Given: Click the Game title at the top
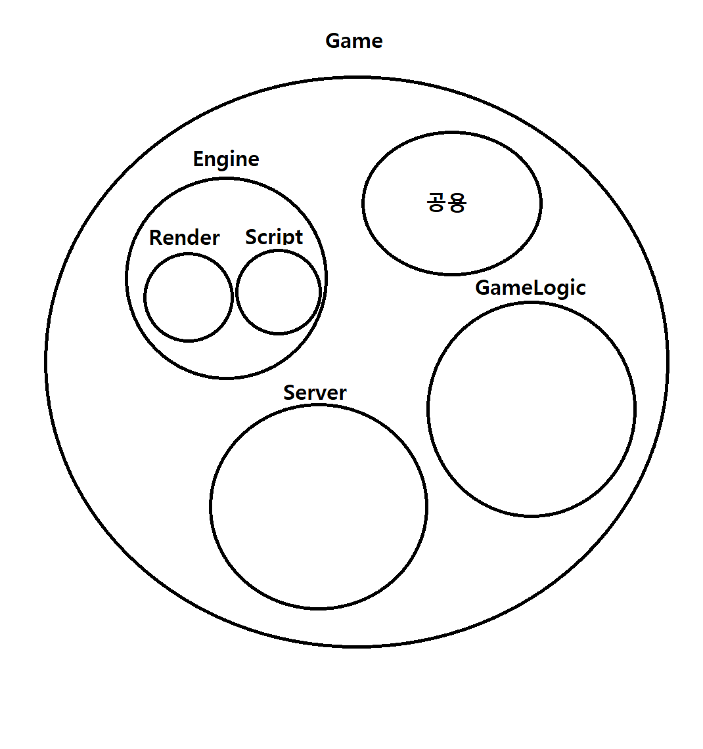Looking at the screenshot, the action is [x=353, y=41].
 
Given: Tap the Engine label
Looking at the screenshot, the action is [x=226, y=160].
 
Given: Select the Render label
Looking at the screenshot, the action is [x=185, y=238].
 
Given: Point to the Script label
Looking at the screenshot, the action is [x=274, y=237].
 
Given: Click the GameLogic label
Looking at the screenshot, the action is [x=530, y=288].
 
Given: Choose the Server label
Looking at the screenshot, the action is [x=315, y=393].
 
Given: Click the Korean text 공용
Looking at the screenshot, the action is [x=447, y=202].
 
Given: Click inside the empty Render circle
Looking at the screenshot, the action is [x=189, y=297].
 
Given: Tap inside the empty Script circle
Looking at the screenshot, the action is [x=279, y=292].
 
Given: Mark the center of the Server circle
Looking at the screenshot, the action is [x=319, y=507].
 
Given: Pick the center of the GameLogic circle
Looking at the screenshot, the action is [x=532, y=409].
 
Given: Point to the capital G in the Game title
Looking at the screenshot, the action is [x=333, y=41].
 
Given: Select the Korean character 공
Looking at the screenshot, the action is [x=436, y=202].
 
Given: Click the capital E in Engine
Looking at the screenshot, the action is [x=198, y=160].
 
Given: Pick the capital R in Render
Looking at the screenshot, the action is [x=155, y=238].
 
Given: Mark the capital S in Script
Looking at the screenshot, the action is [x=251, y=237].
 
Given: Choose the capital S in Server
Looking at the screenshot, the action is [x=289, y=393].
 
